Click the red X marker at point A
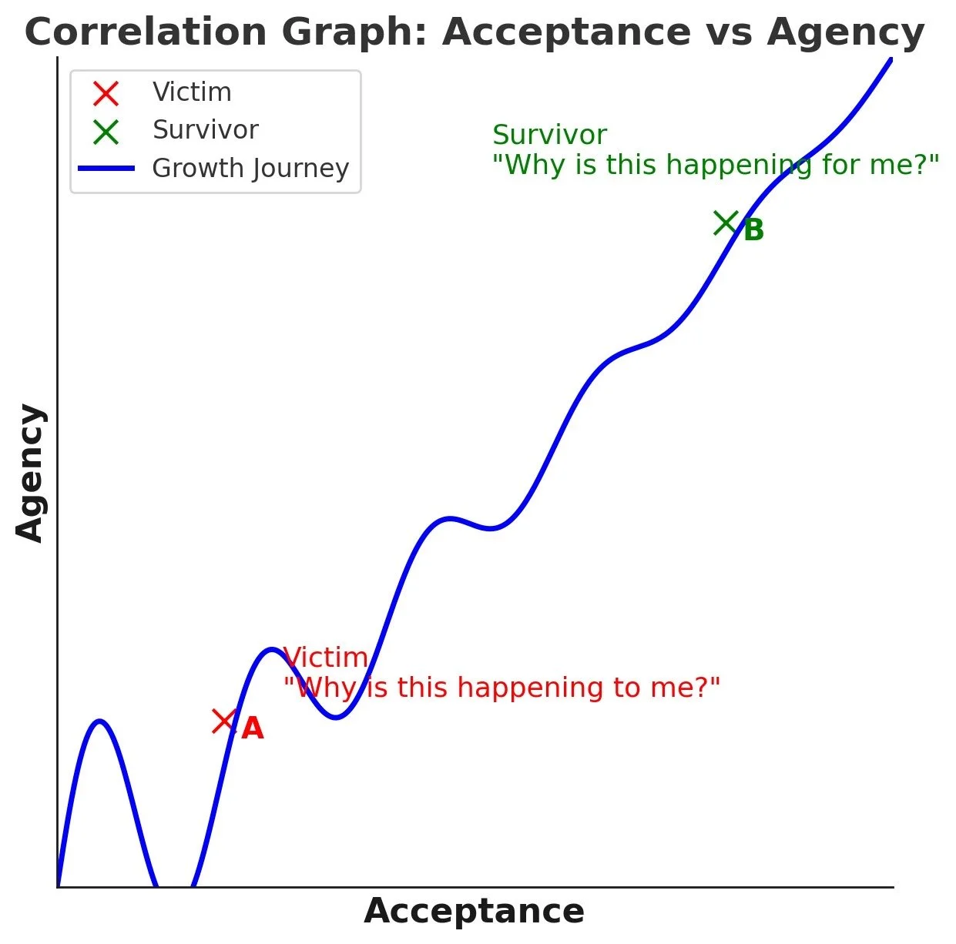pyautogui.click(x=223, y=721)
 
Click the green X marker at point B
pyautogui.click(x=726, y=223)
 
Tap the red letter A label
pyautogui.click(x=253, y=728)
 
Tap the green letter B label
pyautogui.click(x=753, y=230)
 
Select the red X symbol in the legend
pyautogui.click(x=106, y=93)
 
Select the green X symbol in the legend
pyautogui.click(x=106, y=132)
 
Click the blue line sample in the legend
pyautogui.click(x=106, y=169)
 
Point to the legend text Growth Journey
pyautogui.click(x=250, y=169)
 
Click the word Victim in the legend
pyautogui.click(x=192, y=92)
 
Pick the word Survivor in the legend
pyautogui.click(x=205, y=130)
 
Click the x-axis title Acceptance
pyautogui.click(x=474, y=912)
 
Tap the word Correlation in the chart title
pyautogui.click(x=146, y=32)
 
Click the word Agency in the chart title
pyautogui.click(x=846, y=32)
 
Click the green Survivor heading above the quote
pyautogui.click(x=549, y=135)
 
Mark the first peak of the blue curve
pyautogui.click(x=99, y=721)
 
